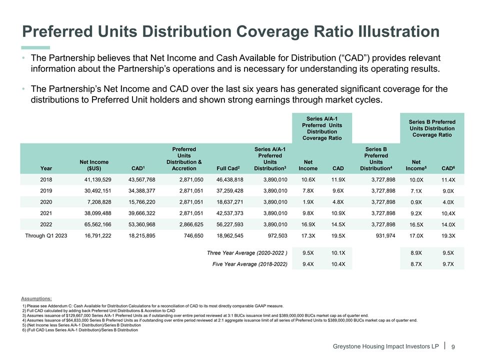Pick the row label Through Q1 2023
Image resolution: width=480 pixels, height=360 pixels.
[46, 236]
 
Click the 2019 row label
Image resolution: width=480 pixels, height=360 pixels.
[46, 190]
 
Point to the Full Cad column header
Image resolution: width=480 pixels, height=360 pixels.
[229, 167]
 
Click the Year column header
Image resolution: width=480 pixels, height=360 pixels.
[46, 167]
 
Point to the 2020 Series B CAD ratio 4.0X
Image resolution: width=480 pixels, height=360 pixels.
[448, 202]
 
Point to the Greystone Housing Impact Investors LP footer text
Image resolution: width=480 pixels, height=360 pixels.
[383, 346]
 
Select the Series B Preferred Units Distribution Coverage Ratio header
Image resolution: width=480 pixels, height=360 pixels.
[431, 128]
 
